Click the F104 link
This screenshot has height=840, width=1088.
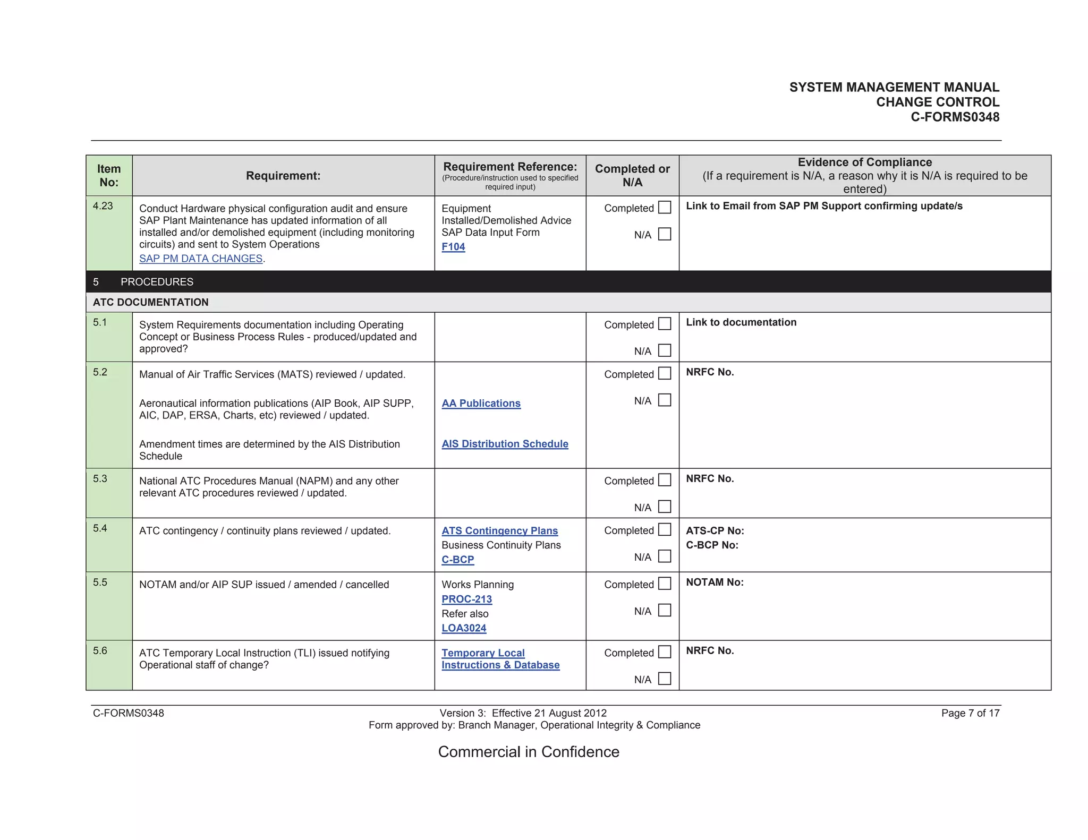tap(453, 247)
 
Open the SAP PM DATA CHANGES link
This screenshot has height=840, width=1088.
tap(201, 259)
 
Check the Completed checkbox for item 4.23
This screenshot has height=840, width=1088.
tap(665, 208)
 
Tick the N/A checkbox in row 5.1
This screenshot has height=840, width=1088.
tap(665, 350)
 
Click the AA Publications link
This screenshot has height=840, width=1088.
tap(481, 404)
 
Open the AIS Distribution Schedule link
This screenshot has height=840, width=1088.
tap(505, 444)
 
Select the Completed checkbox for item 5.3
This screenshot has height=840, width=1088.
tap(665, 480)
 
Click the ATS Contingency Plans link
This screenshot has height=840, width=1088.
tap(499, 531)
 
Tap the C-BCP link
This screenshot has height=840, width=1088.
tap(457, 560)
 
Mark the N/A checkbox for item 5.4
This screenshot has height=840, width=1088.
tap(665, 556)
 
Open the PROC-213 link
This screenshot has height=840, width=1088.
tap(466, 599)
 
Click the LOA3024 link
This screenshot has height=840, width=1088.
tap(464, 628)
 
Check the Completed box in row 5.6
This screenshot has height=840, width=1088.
tap(665, 652)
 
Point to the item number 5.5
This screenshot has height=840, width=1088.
tap(100, 582)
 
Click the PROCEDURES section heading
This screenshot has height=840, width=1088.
tap(157, 282)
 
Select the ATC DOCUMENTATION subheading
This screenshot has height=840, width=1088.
tap(150, 302)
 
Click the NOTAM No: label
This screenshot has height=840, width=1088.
tap(715, 582)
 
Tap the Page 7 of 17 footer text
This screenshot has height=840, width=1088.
tap(970, 713)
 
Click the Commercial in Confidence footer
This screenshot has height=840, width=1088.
tap(529, 752)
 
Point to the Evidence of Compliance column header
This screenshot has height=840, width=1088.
tap(864, 162)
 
